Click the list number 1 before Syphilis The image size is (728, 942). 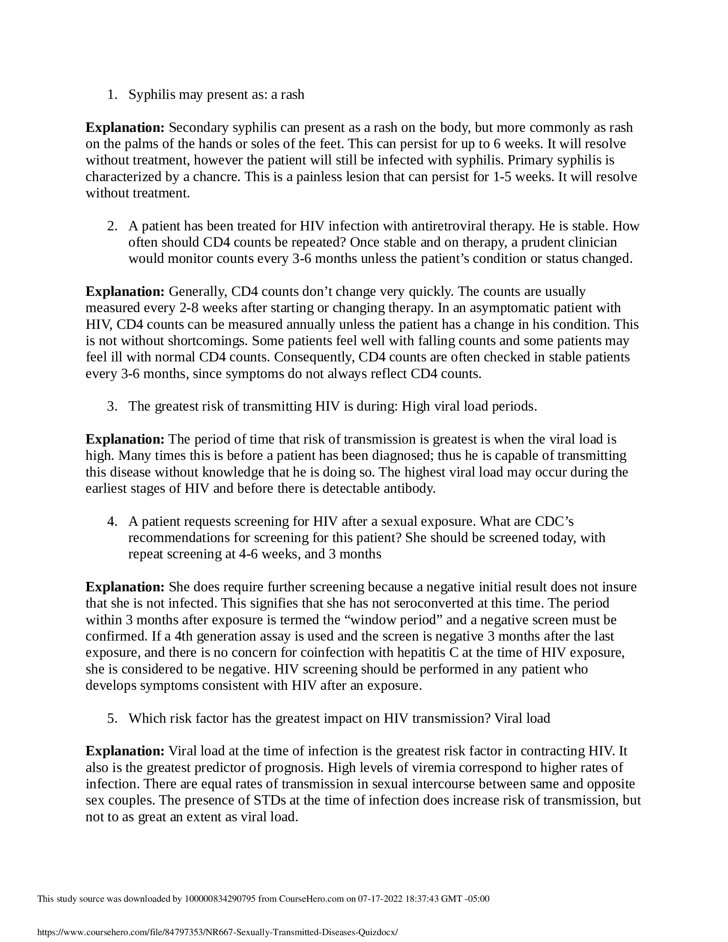coord(112,95)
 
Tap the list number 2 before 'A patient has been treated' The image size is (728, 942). coord(112,226)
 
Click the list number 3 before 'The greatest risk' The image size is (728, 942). coord(112,406)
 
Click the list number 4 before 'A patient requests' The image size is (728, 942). coord(112,522)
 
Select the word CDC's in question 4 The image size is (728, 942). coord(554,522)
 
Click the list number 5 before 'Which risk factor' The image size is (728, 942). coord(112,718)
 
